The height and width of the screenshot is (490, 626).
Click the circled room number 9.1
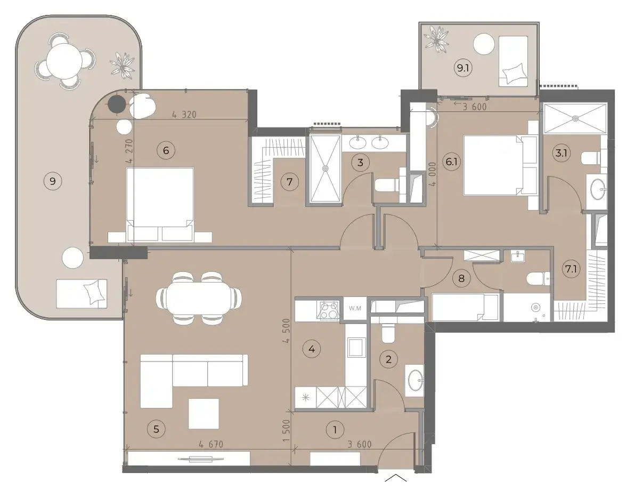[463, 68]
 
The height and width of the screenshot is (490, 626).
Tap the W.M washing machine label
[354, 308]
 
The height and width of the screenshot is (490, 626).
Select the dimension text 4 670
[211, 444]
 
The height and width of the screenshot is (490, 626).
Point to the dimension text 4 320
[184, 114]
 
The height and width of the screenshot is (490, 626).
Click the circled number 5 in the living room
[156, 429]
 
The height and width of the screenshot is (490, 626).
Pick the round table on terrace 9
[64, 61]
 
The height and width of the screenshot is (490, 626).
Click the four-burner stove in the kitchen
[328, 310]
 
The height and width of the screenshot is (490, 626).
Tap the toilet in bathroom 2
[388, 333]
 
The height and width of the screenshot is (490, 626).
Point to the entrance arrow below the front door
[396, 477]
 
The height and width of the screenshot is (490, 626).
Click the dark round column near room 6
[117, 105]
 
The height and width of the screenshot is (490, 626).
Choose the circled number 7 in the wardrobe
[289, 182]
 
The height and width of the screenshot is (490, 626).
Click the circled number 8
[461, 278]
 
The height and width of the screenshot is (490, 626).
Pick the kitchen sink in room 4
[356, 347]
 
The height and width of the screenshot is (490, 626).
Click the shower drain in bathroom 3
[326, 168]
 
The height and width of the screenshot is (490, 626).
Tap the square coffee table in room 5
[204, 414]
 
